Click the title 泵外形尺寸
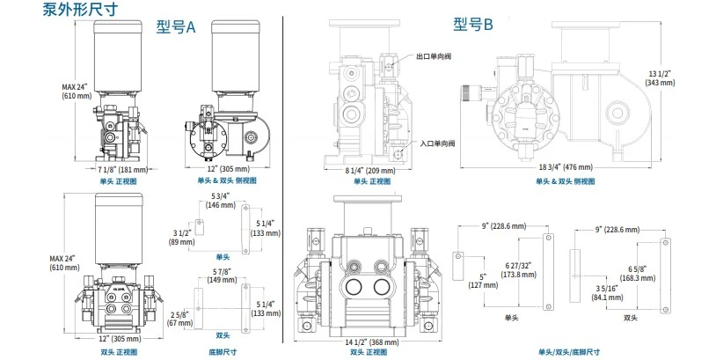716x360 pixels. [x=80, y=10]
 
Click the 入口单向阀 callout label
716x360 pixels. [x=435, y=143]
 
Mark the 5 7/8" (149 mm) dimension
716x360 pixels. [x=221, y=276]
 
